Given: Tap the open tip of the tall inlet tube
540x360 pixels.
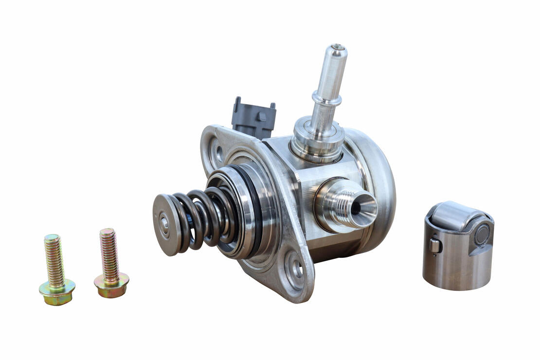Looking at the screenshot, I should point(338,48).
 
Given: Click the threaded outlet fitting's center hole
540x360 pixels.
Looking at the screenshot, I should point(356,207).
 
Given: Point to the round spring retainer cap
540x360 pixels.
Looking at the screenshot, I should point(164,224).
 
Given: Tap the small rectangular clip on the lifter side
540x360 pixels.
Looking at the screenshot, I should point(435,246).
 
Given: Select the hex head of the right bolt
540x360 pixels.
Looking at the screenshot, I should point(111,284).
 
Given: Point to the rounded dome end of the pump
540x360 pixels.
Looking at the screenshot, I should point(379,185).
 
